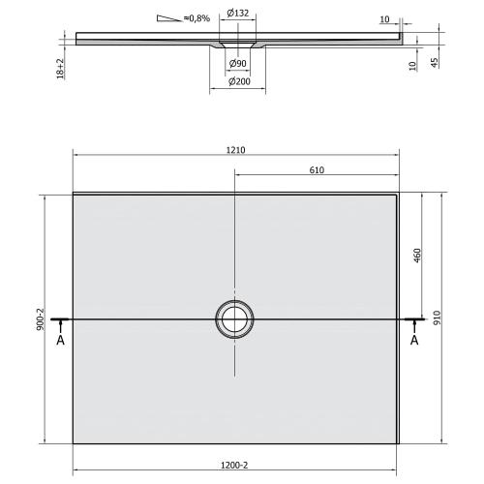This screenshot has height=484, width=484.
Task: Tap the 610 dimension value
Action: pos(316,170)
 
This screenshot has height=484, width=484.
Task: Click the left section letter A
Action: pos(60,340)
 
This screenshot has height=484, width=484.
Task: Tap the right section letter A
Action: pos(415,340)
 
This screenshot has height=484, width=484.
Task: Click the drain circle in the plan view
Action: pos(234,318)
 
